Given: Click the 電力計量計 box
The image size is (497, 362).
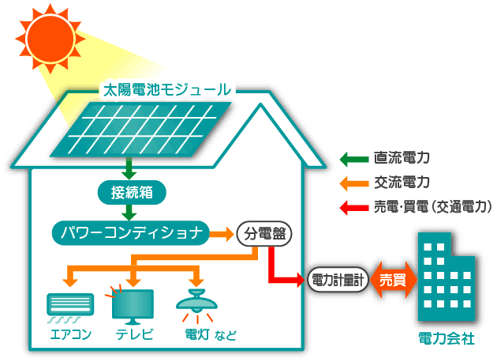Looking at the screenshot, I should [338, 279].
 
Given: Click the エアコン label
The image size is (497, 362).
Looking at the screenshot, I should [70, 335].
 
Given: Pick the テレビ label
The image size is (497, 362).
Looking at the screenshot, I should [133, 335].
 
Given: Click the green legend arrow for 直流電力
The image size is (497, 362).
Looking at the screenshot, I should [352, 158].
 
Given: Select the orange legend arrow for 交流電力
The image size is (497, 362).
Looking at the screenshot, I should [352, 183].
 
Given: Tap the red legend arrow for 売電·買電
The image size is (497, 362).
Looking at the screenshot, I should [352, 207].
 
